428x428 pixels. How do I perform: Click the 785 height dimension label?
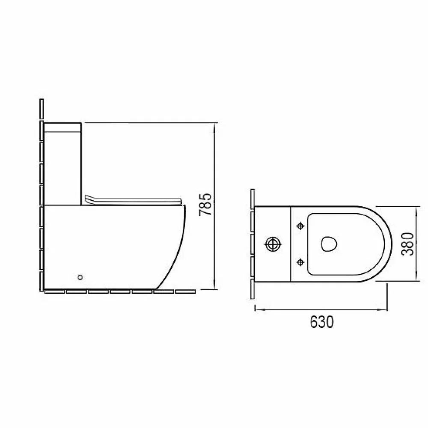click(205, 205)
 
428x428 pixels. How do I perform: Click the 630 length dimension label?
click(321, 322)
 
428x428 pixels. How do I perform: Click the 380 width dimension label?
click(407, 244)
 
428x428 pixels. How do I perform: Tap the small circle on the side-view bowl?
click(80, 277)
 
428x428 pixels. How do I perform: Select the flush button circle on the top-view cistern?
click(273, 244)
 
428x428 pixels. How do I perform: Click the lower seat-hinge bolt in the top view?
click(300, 262)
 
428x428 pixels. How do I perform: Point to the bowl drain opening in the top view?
click(329, 244)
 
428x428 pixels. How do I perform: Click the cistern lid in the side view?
click(62, 128)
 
